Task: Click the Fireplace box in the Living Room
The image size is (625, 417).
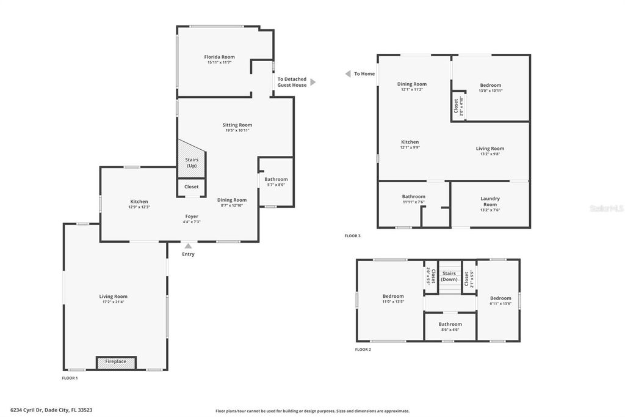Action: (116, 362)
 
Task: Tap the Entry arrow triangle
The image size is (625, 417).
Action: (188, 246)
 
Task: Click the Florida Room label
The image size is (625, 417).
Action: (219, 57)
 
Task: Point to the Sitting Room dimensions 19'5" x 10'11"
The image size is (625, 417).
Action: (237, 130)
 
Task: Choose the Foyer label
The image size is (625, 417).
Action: (192, 216)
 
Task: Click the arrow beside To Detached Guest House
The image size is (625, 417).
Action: (313, 82)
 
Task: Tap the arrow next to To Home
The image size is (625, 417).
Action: (347, 74)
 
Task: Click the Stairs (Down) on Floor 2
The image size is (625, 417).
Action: (449, 277)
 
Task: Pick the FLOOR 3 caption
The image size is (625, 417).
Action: (353, 236)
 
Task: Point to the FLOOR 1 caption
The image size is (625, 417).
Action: (70, 378)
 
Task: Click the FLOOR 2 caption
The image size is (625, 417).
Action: (363, 350)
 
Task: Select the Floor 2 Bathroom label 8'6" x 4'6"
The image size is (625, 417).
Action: (450, 324)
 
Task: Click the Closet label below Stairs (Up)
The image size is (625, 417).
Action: (191, 187)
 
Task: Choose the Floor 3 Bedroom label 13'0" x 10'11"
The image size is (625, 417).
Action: (490, 85)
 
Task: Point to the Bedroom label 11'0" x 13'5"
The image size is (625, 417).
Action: (393, 297)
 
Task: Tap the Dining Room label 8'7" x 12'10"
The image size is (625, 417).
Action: (232, 200)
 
